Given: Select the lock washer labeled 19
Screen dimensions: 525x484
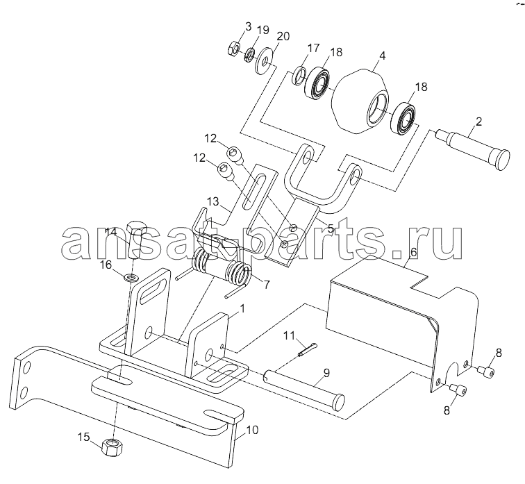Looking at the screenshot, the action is click(x=249, y=55).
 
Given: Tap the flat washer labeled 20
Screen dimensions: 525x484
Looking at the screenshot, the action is click(x=265, y=60).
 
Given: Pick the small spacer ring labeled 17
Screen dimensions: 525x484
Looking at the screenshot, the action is click(x=299, y=76).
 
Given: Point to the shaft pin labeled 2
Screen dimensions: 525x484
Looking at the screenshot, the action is click(x=472, y=149).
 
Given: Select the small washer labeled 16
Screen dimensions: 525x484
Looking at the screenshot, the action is click(x=133, y=277).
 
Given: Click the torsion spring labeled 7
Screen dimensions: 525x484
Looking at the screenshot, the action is click(x=221, y=270).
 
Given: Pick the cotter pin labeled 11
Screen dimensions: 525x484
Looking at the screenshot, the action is click(x=307, y=349).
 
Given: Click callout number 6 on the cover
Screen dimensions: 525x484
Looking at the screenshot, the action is click(x=413, y=252).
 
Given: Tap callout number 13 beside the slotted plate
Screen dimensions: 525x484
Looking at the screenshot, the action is click(x=212, y=202).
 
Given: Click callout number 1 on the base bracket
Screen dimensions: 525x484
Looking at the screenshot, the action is click(x=242, y=308).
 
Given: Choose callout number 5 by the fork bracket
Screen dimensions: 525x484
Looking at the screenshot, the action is click(x=331, y=228).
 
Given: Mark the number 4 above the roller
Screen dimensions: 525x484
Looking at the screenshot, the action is click(x=382, y=56).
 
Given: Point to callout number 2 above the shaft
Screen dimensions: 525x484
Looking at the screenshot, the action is click(x=478, y=122).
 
